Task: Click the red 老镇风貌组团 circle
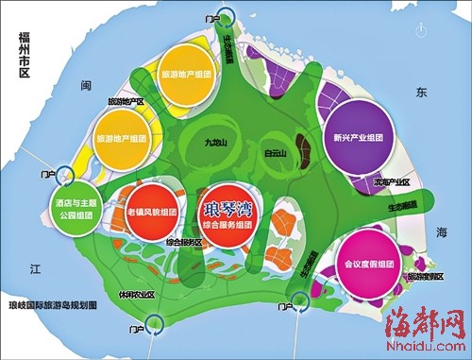click(x=142, y=214)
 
